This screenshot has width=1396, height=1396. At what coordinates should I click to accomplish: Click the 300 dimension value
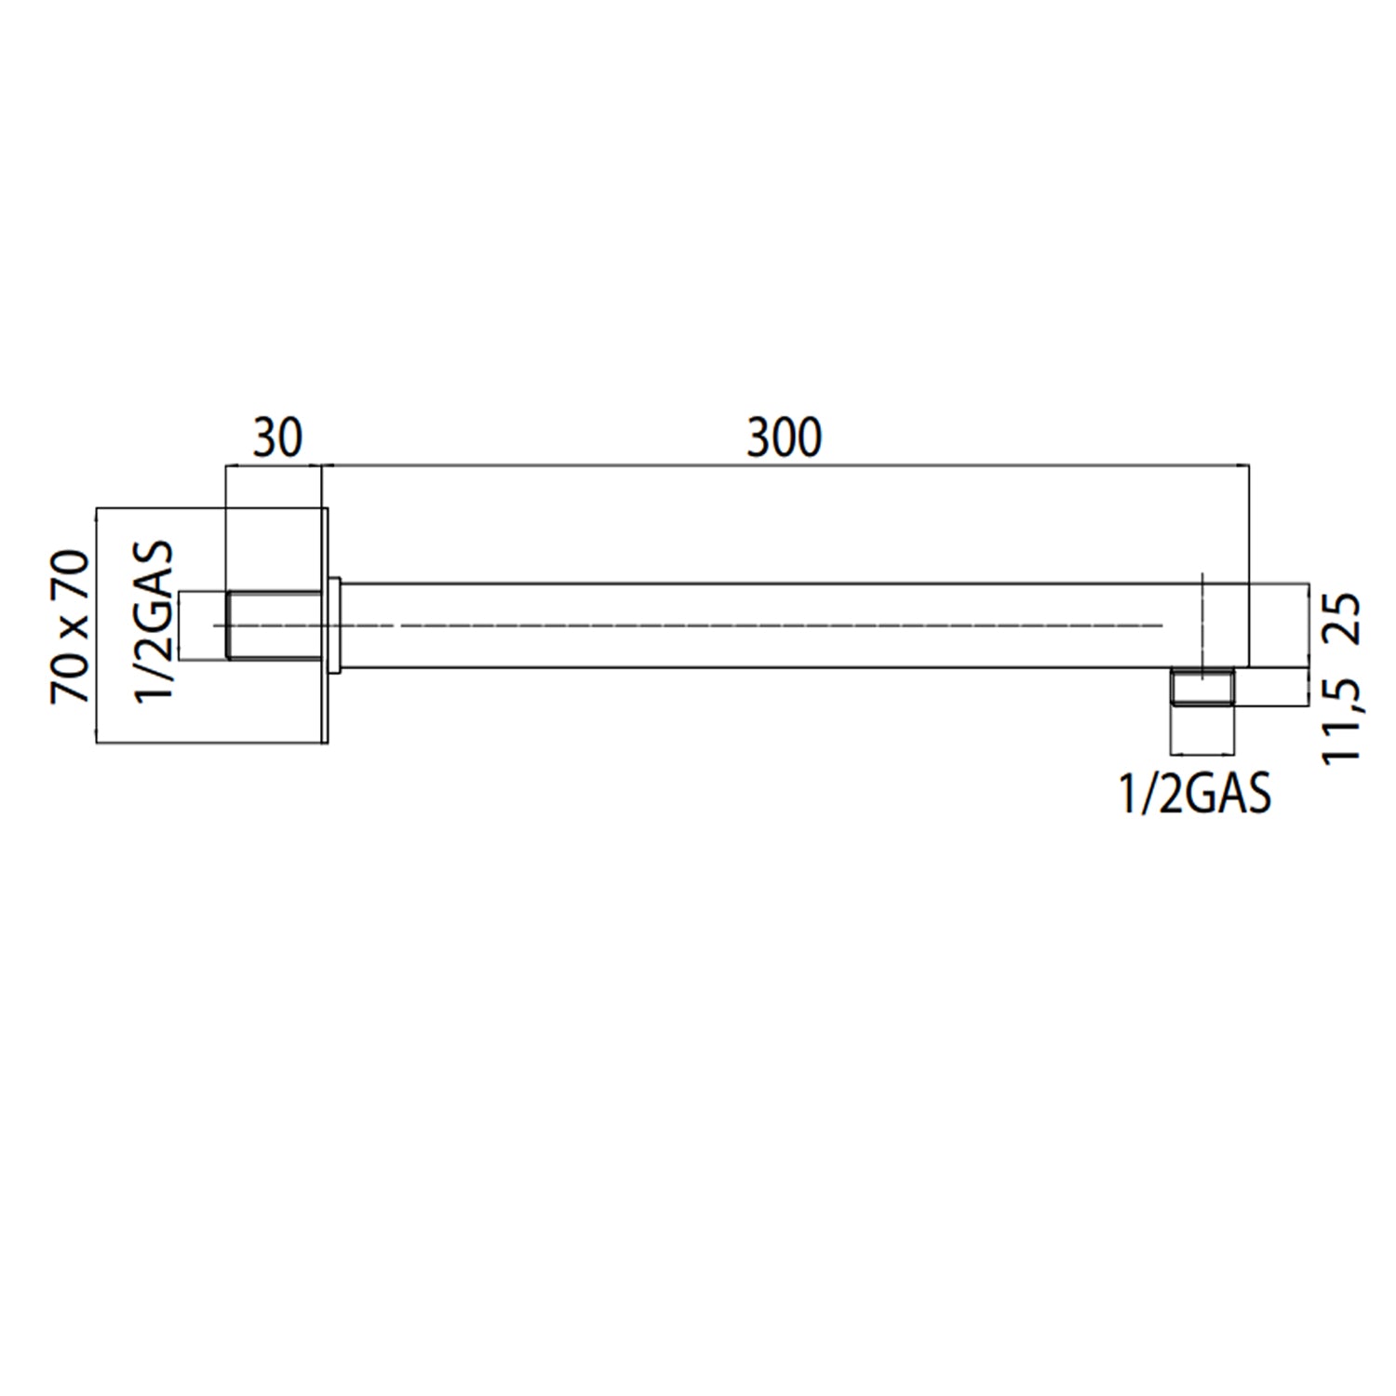coord(784,437)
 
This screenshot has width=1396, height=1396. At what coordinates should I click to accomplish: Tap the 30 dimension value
coord(277,437)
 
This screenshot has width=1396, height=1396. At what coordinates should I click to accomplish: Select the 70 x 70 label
coord(71,625)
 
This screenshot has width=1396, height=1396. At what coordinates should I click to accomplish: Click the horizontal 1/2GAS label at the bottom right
coord(1195,795)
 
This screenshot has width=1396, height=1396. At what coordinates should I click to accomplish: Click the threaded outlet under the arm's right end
coord(1203,689)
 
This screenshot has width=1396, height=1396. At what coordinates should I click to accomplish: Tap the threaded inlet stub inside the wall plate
coord(274,625)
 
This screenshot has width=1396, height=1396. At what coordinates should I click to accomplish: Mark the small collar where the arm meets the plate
coord(334,625)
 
